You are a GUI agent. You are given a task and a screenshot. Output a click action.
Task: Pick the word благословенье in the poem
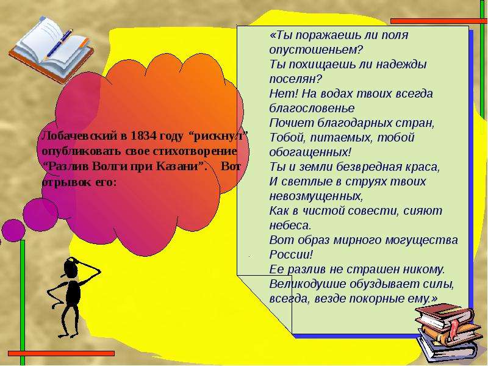pos(312,108)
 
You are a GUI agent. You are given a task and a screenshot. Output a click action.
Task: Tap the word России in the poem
pos(291,254)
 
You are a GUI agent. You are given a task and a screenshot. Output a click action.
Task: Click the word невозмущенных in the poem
pos(316,196)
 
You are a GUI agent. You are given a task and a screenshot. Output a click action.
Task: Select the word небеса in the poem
pos(290,225)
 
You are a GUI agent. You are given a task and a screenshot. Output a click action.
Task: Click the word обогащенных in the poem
pos(310,152)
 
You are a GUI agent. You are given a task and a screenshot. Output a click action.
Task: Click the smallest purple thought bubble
pos(13,231)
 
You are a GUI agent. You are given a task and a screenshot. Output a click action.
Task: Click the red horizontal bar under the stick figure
pos(62,354)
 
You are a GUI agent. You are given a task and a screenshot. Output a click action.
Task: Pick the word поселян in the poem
pos(295,79)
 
